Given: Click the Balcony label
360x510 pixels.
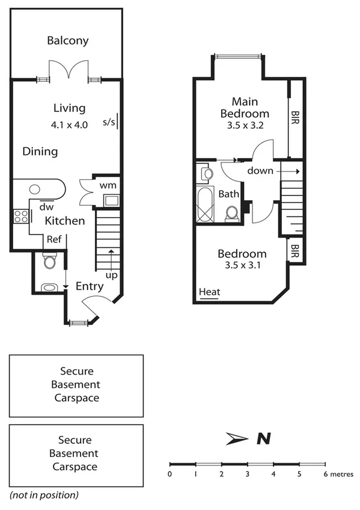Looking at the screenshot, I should pyautogui.click(x=68, y=41).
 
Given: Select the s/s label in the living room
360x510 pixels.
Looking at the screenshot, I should pyautogui.click(x=109, y=122).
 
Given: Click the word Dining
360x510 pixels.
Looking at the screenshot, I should pyautogui.click(x=40, y=152).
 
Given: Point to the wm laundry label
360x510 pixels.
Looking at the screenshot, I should pyautogui.click(x=108, y=185).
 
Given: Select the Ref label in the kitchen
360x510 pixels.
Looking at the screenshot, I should pyautogui.click(x=55, y=239).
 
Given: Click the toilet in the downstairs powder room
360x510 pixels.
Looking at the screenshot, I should pyautogui.click(x=50, y=262).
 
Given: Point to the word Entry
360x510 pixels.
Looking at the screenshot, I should pyautogui.click(x=90, y=286).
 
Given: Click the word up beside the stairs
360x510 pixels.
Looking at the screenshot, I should pyautogui.click(x=111, y=274).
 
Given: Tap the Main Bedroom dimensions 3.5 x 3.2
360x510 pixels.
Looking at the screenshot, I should pyautogui.click(x=245, y=126).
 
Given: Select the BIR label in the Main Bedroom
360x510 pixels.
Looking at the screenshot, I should pyautogui.click(x=295, y=114).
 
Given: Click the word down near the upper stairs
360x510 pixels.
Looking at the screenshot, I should pyautogui.click(x=260, y=171).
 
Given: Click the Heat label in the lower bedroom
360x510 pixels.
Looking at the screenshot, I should pyautogui.click(x=210, y=292).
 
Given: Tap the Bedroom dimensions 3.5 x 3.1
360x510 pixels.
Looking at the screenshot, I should pyautogui.click(x=242, y=265).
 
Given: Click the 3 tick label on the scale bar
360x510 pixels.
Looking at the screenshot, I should pyautogui.click(x=247, y=475).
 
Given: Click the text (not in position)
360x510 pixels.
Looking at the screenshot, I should pyautogui.click(x=44, y=495).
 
